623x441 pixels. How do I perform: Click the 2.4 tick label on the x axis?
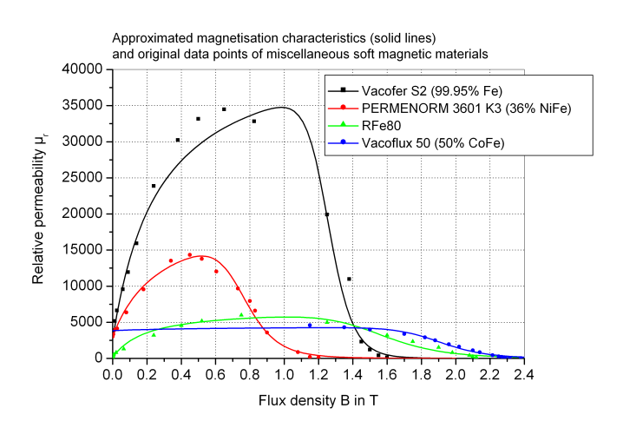pyautogui.click(x=523, y=373)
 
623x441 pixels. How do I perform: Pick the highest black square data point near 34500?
pyautogui.click(x=224, y=109)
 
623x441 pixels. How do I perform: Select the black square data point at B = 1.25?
pyautogui.click(x=326, y=214)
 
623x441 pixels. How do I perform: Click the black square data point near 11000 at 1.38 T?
pyautogui.click(x=349, y=279)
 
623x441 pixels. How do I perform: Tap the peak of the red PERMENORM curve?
pyautogui.click(x=193, y=256)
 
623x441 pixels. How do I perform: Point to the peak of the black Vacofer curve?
pyautogui.click(x=282, y=108)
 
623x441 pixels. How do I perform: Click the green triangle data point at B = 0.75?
pyautogui.click(x=241, y=314)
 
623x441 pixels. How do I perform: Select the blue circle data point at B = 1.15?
pyautogui.click(x=310, y=326)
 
